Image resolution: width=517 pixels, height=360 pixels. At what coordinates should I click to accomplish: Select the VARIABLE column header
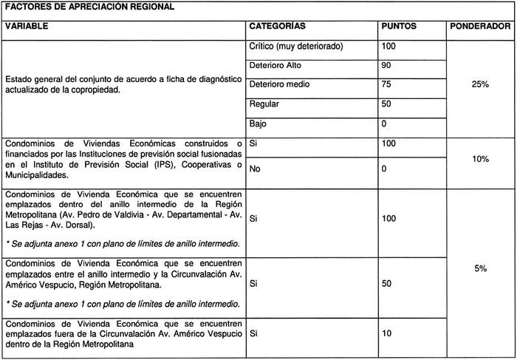tap(27, 26)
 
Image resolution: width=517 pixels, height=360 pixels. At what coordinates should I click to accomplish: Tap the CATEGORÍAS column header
tap(278, 26)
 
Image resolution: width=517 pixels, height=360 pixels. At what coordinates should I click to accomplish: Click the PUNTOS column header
tap(398, 26)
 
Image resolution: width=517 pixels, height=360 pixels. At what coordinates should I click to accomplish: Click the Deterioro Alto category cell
tap(275, 66)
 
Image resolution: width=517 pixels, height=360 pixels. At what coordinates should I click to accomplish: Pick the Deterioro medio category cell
tap(279, 84)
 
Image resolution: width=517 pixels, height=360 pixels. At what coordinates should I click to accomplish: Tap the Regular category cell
tap(265, 104)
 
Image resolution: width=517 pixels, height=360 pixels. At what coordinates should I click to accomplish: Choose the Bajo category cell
tap(258, 123)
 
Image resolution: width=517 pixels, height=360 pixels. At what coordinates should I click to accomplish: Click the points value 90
tap(386, 66)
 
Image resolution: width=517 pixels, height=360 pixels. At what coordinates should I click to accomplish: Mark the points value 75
tap(386, 84)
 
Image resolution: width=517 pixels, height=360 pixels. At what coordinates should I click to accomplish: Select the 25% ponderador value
tap(480, 85)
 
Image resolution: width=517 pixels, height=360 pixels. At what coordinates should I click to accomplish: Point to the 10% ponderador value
tap(480, 159)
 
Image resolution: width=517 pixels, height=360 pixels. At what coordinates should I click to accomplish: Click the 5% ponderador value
tap(480, 269)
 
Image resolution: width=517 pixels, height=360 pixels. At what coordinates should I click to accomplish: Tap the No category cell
tap(256, 169)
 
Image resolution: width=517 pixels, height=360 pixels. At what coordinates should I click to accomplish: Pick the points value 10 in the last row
tap(386, 334)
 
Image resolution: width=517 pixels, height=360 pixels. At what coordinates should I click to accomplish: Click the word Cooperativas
tap(207, 166)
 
